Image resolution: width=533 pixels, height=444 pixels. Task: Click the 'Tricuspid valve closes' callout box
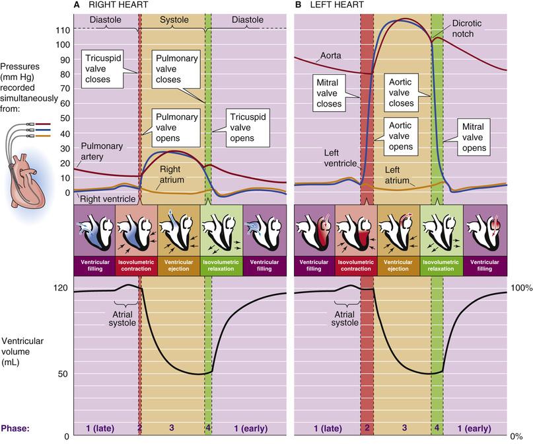(102, 69)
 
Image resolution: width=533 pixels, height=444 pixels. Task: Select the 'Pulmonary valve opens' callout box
(176, 128)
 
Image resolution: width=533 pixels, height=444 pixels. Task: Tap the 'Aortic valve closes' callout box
(401, 93)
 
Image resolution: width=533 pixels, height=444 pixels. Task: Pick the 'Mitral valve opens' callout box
(474, 137)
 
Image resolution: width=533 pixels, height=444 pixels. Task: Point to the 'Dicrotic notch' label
(466, 28)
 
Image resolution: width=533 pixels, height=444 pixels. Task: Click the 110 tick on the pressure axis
(63, 30)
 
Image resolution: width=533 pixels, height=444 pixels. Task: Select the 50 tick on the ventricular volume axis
(63, 373)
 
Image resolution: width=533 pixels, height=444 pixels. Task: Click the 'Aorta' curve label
(331, 56)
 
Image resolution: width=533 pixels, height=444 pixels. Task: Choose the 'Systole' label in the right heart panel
(174, 20)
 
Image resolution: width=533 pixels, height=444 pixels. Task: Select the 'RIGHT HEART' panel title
(118, 5)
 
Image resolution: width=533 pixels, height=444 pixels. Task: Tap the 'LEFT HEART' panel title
(337, 5)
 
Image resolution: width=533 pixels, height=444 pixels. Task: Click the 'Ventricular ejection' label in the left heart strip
(398, 265)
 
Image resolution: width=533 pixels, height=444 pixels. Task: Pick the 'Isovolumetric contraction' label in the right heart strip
(136, 265)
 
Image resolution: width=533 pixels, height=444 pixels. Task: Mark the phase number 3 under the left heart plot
(404, 427)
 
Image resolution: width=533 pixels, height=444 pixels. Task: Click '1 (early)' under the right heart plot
(251, 428)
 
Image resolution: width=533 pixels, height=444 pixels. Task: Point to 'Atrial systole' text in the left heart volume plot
(345, 318)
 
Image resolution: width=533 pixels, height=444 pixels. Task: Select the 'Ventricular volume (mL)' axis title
(22, 351)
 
